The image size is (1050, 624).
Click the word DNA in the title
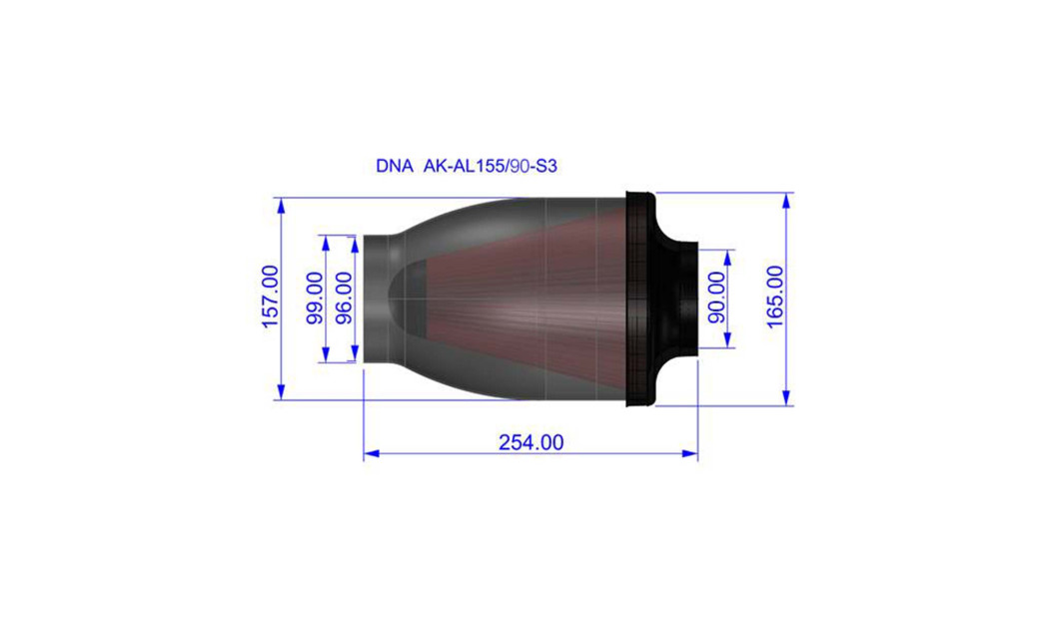pos(394,167)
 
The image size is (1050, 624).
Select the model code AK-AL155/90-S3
pos(491,167)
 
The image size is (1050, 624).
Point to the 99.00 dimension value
pos(315,299)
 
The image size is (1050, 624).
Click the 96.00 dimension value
pos(343,299)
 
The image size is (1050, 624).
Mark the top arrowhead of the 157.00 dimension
pos(282,206)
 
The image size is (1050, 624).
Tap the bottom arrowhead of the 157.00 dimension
pos(282,392)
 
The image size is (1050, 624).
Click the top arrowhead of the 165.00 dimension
pos(787,200)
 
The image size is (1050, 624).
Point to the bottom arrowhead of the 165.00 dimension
pos(787,398)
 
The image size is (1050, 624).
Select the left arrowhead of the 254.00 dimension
pos(371,454)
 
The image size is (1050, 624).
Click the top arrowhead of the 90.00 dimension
pos(727,257)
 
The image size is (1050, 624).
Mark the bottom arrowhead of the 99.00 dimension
pos(326,355)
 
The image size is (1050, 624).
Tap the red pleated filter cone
pos(520,299)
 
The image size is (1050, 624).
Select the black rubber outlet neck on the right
pos(685,299)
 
